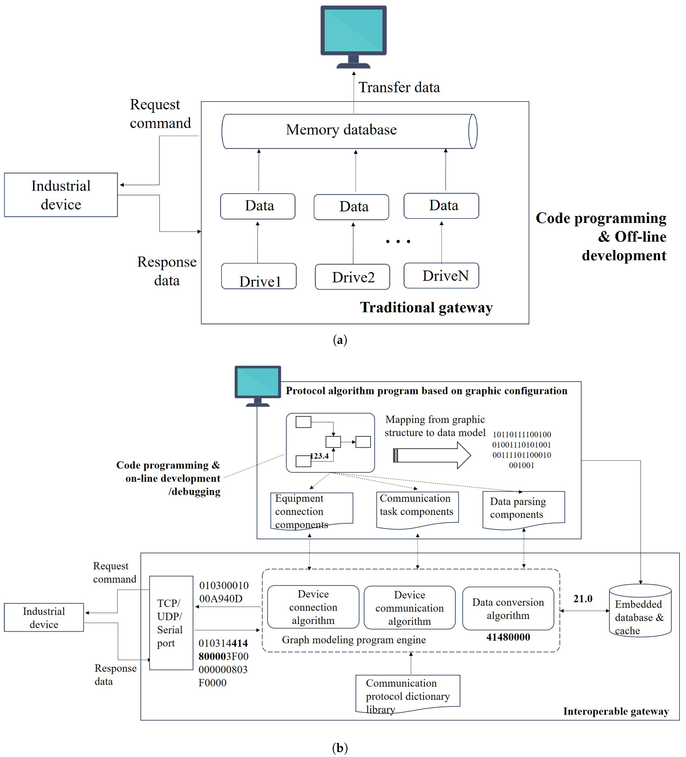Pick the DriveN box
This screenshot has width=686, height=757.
click(x=441, y=276)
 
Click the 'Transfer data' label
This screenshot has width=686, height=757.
click(x=399, y=87)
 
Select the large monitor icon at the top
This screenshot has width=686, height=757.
click(x=353, y=37)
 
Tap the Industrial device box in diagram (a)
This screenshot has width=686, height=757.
click(x=61, y=195)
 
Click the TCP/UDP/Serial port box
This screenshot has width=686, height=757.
click(x=171, y=623)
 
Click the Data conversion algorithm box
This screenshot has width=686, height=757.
click(x=508, y=609)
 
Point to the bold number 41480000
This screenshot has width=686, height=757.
click(x=508, y=637)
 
